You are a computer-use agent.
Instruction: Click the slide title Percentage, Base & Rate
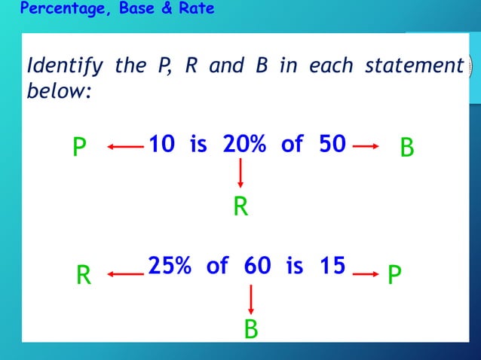(x=117, y=9)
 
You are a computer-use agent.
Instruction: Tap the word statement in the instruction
(x=413, y=66)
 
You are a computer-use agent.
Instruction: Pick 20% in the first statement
(x=244, y=144)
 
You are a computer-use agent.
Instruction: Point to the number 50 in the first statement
(x=332, y=144)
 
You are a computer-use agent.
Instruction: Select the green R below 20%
(x=240, y=206)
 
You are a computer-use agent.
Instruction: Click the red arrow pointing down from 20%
(x=240, y=174)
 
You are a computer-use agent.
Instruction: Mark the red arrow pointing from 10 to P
(x=124, y=147)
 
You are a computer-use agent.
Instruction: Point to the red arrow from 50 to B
(x=366, y=147)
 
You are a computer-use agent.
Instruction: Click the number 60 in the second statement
(x=257, y=266)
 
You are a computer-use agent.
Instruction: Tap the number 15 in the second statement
(x=331, y=266)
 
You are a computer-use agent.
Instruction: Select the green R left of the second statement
(x=84, y=277)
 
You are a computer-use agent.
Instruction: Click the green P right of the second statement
(x=394, y=276)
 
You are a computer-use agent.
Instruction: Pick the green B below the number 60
(x=251, y=329)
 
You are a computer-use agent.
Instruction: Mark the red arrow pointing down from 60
(x=251, y=298)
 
